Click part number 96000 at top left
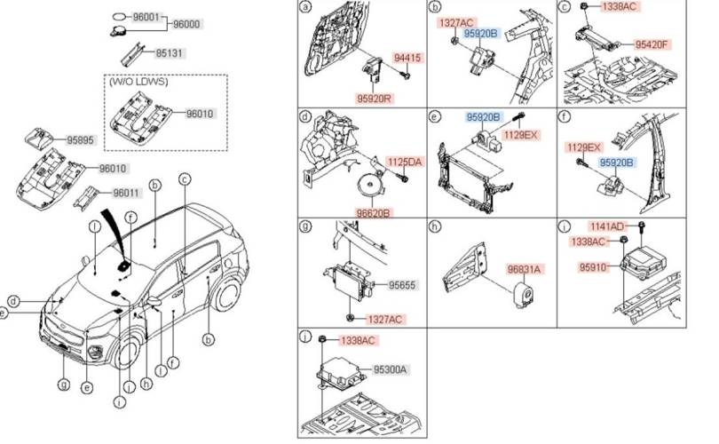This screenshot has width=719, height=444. pyautogui.click(x=186, y=24)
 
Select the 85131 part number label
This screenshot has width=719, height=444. pyautogui.click(x=170, y=53)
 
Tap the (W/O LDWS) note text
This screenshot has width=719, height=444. pyautogui.click(x=138, y=82)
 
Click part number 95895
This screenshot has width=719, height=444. pyautogui.click(x=81, y=140)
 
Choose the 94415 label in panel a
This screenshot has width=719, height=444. pyautogui.click(x=407, y=59)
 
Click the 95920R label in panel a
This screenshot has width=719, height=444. pyautogui.click(x=375, y=99)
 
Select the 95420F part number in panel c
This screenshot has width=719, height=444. pyautogui.click(x=652, y=44)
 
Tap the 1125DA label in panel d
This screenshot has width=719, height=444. pyautogui.click(x=405, y=162)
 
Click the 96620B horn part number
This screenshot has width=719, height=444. pyautogui.click(x=375, y=213)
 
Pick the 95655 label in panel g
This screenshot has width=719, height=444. pyautogui.click(x=402, y=285)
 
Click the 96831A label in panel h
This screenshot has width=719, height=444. pyautogui.click(x=524, y=269)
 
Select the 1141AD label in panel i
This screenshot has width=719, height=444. pyautogui.click(x=607, y=226)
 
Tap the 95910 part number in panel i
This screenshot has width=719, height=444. pyautogui.click(x=593, y=267)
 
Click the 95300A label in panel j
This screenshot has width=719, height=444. pyautogui.click(x=391, y=369)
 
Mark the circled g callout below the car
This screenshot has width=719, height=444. pyautogui.click(x=64, y=384)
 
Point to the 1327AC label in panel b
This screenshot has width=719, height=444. pyautogui.click(x=456, y=23)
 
